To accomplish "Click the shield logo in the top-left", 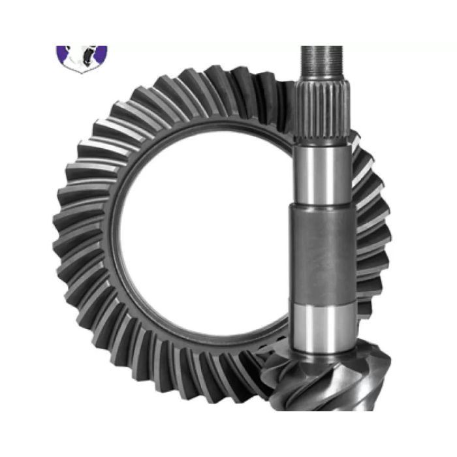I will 82,57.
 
